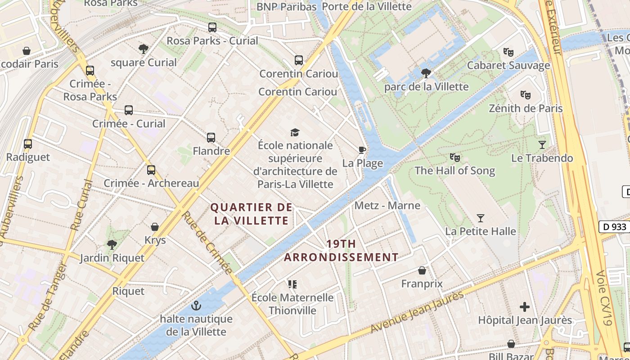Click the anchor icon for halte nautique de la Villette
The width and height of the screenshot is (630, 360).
click(196, 306)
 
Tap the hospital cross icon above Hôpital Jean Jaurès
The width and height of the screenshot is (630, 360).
click(524, 307)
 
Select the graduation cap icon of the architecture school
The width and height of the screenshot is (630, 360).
click(295, 132)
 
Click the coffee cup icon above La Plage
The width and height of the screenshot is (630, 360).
click(362, 150)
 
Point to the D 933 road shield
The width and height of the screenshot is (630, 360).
click(614, 227)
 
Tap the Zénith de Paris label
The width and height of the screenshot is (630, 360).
click(526, 108)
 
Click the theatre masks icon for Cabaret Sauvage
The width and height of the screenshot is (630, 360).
click(508, 52)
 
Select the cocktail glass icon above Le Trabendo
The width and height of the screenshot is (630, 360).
click(542, 145)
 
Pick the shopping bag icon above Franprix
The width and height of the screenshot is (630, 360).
click(422, 270)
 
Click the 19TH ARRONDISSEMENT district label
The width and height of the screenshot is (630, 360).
click(341, 251)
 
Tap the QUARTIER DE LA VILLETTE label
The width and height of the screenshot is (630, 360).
click(252, 214)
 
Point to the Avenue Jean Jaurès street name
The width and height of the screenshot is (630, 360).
click(416, 312)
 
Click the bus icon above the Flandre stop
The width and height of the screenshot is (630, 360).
click(211, 138)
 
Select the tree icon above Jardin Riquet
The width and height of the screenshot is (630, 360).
click(112, 245)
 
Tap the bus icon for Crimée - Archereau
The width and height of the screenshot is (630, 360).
click(151, 170)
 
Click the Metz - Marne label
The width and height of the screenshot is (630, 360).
click(387, 206)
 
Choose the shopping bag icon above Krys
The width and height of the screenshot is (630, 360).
click(155, 227)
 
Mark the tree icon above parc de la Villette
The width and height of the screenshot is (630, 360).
click(426, 73)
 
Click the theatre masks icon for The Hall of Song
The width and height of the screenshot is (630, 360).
click(454, 157)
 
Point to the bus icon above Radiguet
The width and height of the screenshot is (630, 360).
click(28, 144)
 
